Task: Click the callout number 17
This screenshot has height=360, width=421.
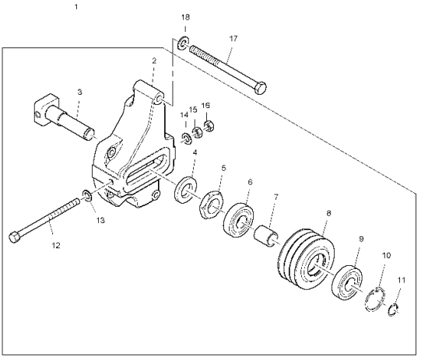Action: click(x=233, y=39)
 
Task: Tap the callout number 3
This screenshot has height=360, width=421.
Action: click(x=79, y=93)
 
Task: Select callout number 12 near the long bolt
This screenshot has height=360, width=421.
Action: click(x=56, y=245)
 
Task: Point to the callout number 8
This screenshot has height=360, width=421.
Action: click(x=328, y=214)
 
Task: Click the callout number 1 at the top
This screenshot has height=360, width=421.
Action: click(x=76, y=7)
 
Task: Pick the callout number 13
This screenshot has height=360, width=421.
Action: click(x=100, y=221)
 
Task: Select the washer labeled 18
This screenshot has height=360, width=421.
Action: click(x=184, y=43)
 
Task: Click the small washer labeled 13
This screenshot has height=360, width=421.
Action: click(x=86, y=196)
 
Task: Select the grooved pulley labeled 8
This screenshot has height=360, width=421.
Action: click(x=306, y=260)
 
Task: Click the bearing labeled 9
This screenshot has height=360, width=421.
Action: click(x=347, y=282)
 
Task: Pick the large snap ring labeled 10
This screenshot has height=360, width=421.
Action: click(x=374, y=299)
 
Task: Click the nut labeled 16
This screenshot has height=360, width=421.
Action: click(x=209, y=126)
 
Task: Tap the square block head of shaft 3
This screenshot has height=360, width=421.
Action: click(x=45, y=110)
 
